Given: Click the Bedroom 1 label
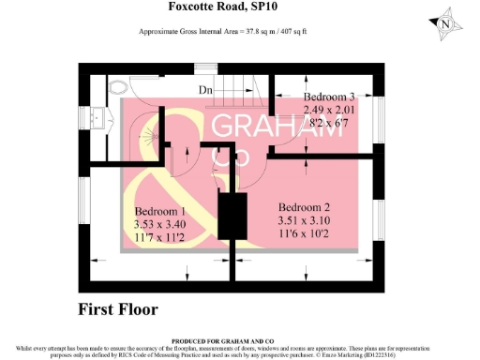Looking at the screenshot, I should (161, 212).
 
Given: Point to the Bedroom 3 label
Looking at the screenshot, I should (330, 97).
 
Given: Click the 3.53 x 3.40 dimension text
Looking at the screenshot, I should (161, 225).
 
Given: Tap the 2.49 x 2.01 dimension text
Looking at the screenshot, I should (331, 110).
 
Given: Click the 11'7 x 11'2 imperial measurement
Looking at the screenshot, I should (161, 238).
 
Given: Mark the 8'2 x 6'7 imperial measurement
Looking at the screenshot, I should (331, 123).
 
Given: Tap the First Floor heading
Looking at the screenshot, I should (117, 308).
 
